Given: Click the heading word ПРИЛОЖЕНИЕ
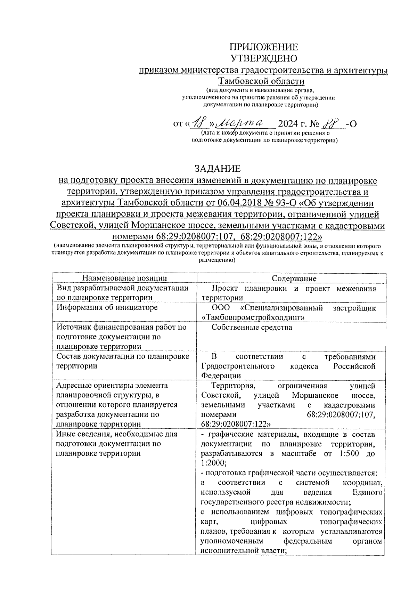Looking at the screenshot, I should click(264, 47).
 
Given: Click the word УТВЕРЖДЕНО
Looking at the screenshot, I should click(264, 58).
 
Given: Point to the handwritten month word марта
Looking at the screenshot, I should click(244, 123).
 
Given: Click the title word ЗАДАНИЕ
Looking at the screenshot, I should click(218, 169).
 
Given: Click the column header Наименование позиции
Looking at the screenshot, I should click(124, 278).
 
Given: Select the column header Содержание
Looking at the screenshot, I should click(294, 278).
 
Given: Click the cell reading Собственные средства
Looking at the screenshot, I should click(252, 327).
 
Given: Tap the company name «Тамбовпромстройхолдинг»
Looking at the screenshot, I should click(253, 317).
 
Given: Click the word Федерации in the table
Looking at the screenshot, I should click(221, 375).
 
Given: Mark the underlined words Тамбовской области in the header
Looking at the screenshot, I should click(261, 81).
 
